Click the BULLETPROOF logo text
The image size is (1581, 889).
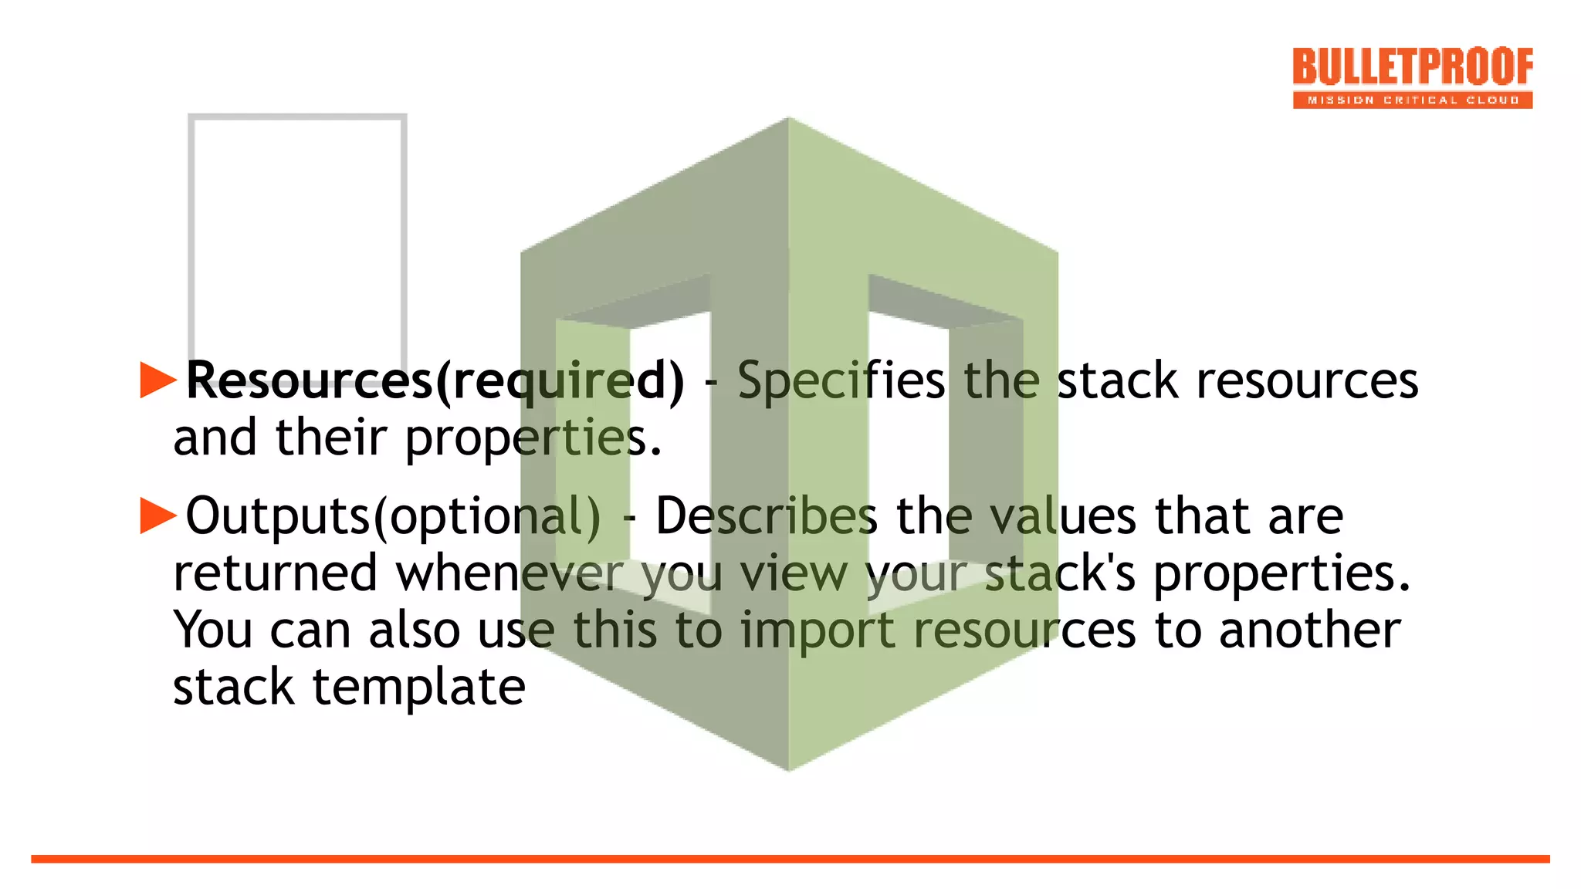point(1412,66)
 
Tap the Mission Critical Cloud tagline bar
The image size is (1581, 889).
point(1412,100)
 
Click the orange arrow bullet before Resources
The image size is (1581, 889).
point(158,380)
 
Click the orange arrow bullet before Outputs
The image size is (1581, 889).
point(158,515)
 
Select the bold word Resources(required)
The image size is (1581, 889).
point(435,380)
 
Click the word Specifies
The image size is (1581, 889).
point(840,380)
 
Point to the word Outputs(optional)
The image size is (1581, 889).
point(393,515)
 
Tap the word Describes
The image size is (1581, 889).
point(766,515)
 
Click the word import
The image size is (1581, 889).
point(818,630)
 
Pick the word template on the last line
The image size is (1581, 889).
point(418,687)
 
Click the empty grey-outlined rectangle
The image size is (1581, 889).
point(297,232)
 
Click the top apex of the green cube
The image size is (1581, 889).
point(788,120)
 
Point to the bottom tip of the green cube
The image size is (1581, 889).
point(788,768)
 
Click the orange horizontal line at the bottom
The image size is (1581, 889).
point(790,859)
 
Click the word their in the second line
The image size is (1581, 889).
point(331,438)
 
